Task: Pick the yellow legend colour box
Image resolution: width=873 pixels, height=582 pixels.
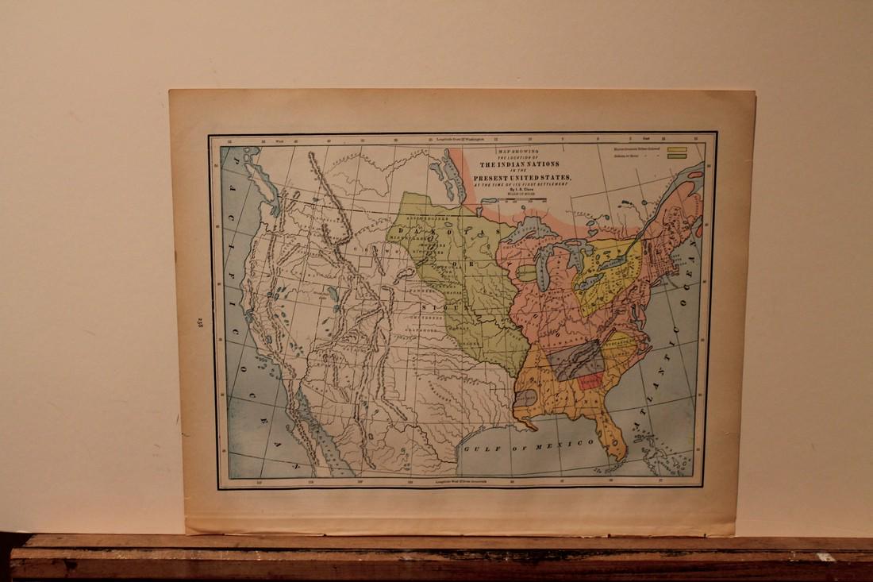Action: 676,148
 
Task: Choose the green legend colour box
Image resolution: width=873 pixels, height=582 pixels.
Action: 676,156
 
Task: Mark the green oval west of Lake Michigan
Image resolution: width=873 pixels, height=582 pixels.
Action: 526,272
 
